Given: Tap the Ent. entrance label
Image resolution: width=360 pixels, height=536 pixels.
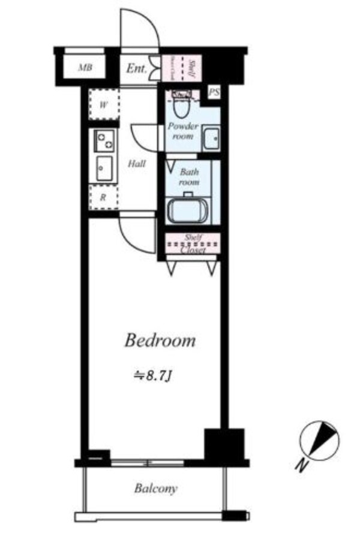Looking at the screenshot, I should [x=136, y=68].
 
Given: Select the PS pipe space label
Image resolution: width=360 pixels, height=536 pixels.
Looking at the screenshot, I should [x=214, y=92].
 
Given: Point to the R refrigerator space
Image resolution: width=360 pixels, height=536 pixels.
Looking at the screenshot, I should [x=103, y=197].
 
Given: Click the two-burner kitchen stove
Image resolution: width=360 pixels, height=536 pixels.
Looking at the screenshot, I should [x=104, y=141].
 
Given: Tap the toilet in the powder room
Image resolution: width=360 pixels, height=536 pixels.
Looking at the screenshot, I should [x=181, y=103].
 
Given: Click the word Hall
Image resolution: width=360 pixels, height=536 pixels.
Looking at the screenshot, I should [x=137, y=163].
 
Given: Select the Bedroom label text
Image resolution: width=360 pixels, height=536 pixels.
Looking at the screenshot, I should [x=160, y=341].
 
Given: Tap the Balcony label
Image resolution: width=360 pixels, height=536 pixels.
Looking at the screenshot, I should [x=155, y=489].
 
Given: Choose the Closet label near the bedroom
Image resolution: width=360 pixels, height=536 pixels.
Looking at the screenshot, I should [x=193, y=251].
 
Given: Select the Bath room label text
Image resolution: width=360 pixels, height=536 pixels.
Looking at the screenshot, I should [x=190, y=176].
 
